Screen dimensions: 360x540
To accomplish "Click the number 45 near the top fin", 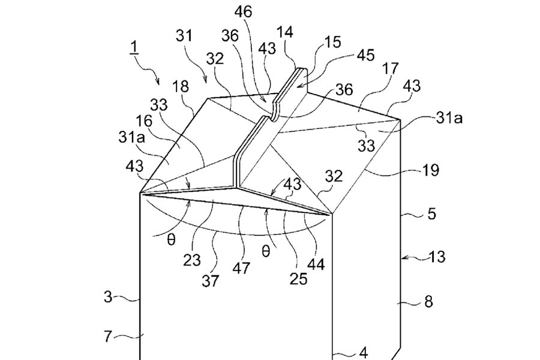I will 365,55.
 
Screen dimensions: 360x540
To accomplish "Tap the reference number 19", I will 430,170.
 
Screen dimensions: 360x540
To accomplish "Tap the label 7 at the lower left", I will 108,337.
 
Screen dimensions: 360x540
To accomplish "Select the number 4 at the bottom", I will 363,352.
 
